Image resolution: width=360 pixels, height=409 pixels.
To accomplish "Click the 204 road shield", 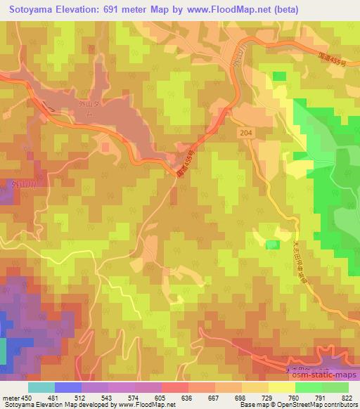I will (243, 131).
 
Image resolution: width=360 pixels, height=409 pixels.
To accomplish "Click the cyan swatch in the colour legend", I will (41, 387).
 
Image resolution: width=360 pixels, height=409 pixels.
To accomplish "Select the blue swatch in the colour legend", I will (67, 387).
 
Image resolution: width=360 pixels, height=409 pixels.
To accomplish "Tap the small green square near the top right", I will (279, 76).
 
